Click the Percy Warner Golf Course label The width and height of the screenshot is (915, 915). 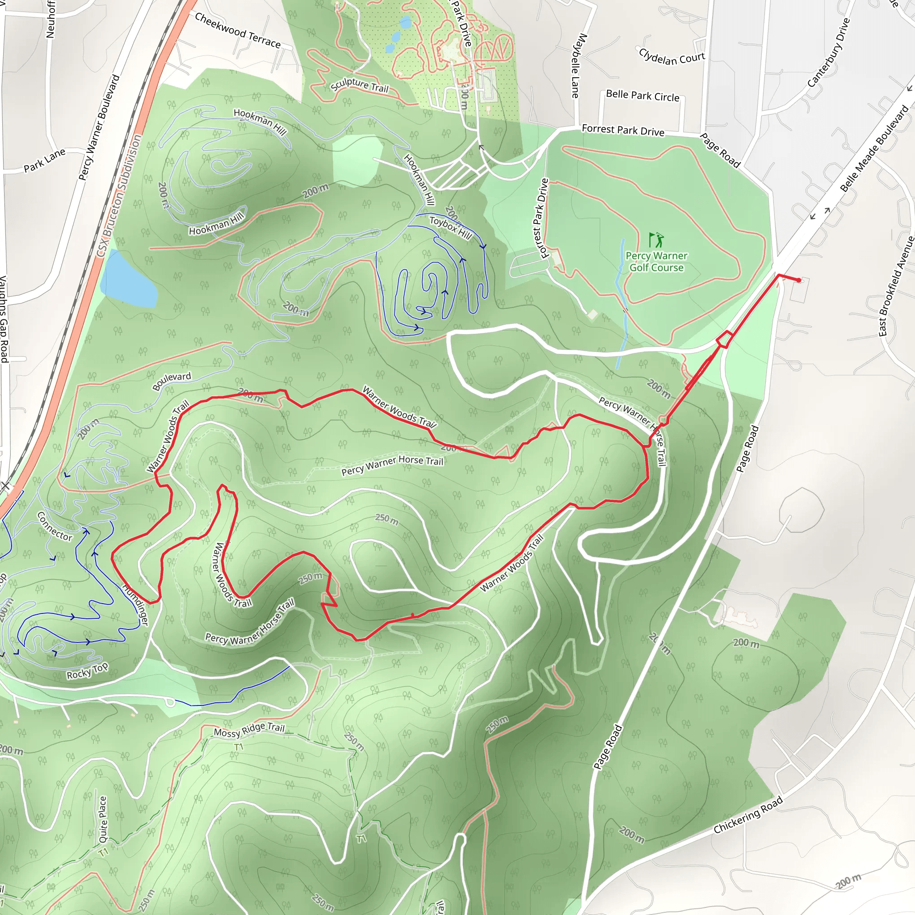656,261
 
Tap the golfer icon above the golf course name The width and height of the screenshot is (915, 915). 656,239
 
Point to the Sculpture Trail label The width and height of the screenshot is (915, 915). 360,85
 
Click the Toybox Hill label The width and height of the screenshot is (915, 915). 450,227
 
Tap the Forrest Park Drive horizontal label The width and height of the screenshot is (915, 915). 623,130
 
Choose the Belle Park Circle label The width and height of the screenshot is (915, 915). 642,96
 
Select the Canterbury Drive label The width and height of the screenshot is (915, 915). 829,53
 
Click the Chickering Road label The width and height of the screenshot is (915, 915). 748,815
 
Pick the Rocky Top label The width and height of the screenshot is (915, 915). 88,671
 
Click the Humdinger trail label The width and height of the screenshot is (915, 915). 136,605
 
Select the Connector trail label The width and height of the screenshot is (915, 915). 55,526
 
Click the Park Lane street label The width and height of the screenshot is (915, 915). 45,160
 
